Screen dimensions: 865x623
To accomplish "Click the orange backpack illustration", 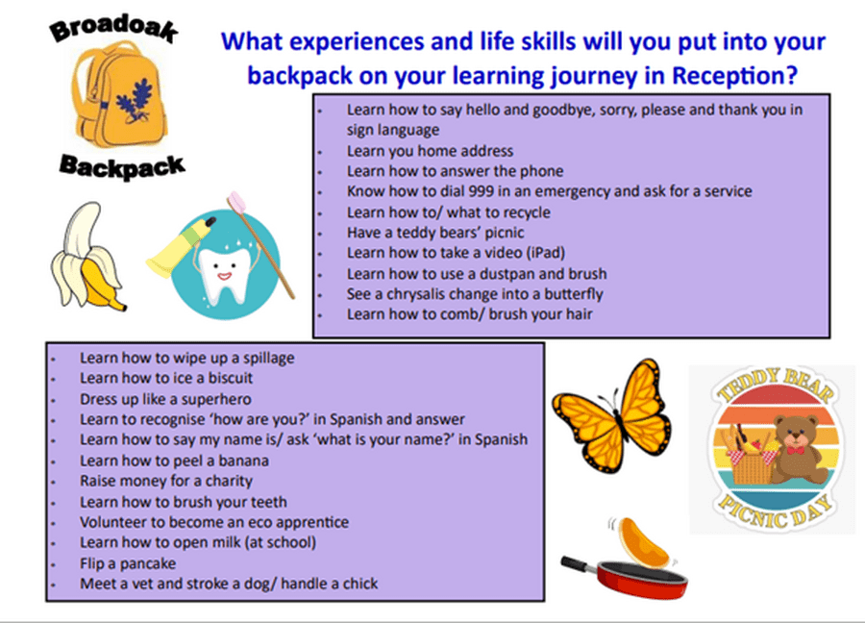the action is (x=118, y=95).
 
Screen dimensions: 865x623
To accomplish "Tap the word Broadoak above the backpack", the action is (x=114, y=28).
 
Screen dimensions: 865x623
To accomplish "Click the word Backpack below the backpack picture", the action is (x=122, y=166).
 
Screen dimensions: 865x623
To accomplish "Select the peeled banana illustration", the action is (x=86, y=258).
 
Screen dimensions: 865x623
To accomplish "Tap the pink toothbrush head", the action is (x=237, y=202).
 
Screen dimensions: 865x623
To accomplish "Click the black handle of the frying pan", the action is (x=580, y=564).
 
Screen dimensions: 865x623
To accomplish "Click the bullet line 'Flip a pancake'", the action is (x=128, y=563).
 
